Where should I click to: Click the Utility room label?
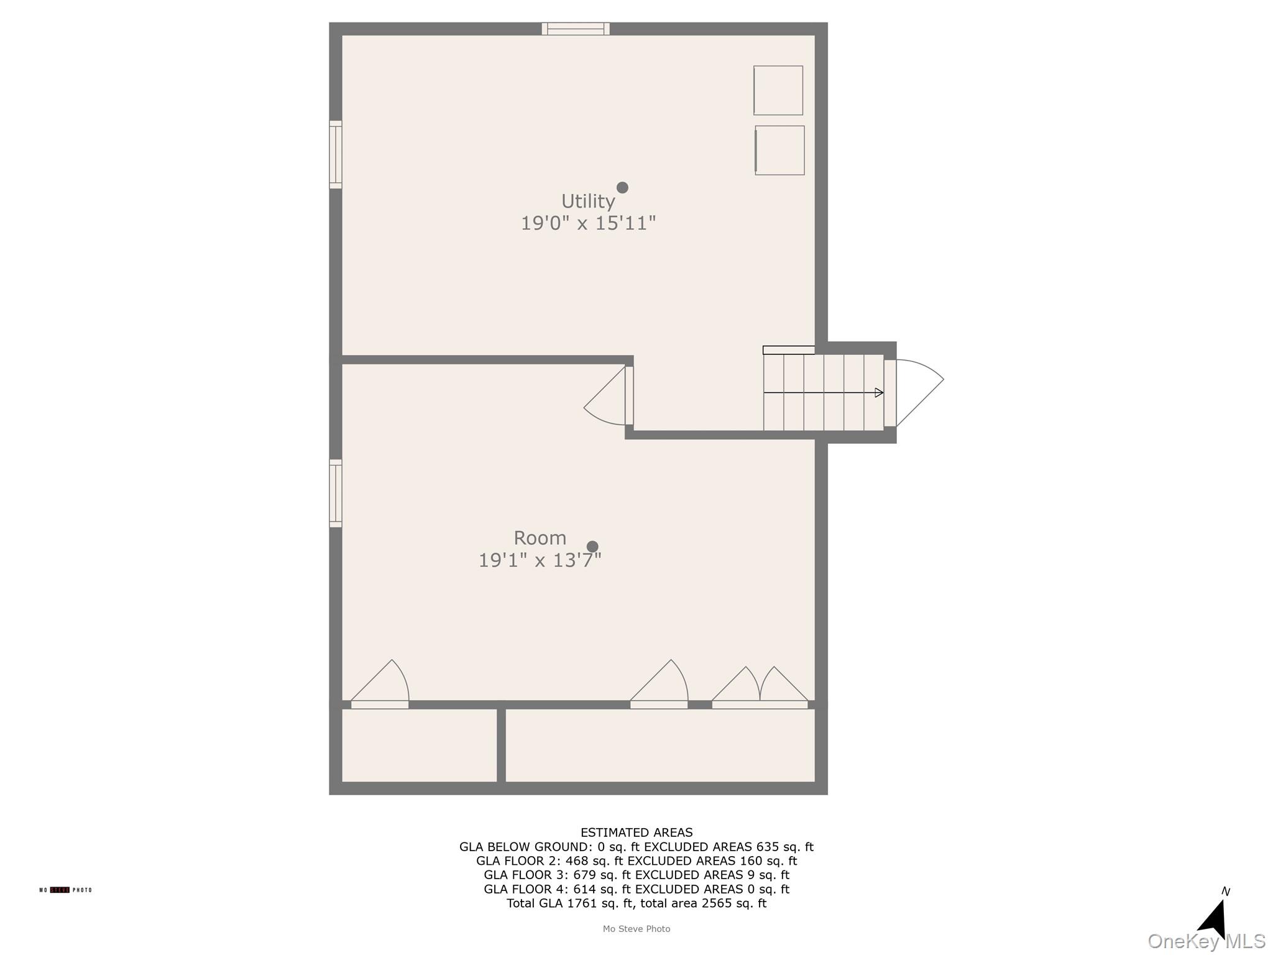click(588, 201)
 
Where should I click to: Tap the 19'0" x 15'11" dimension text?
click(588, 223)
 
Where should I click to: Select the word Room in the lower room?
click(540, 538)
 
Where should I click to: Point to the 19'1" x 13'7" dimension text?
click(540, 560)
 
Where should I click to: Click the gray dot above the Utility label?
click(622, 188)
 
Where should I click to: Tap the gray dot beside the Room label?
click(592, 547)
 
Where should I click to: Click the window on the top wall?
click(576, 29)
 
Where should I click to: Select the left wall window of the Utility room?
click(336, 154)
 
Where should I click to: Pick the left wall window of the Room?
click(336, 493)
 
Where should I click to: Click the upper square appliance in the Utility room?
click(778, 90)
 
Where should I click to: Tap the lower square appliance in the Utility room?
click(779, 150)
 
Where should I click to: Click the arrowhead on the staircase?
click(879, 393)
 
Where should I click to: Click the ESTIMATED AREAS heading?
click(636, 833)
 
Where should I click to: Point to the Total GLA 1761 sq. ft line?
click(636, 903)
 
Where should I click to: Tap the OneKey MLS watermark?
click(1206, 941)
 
